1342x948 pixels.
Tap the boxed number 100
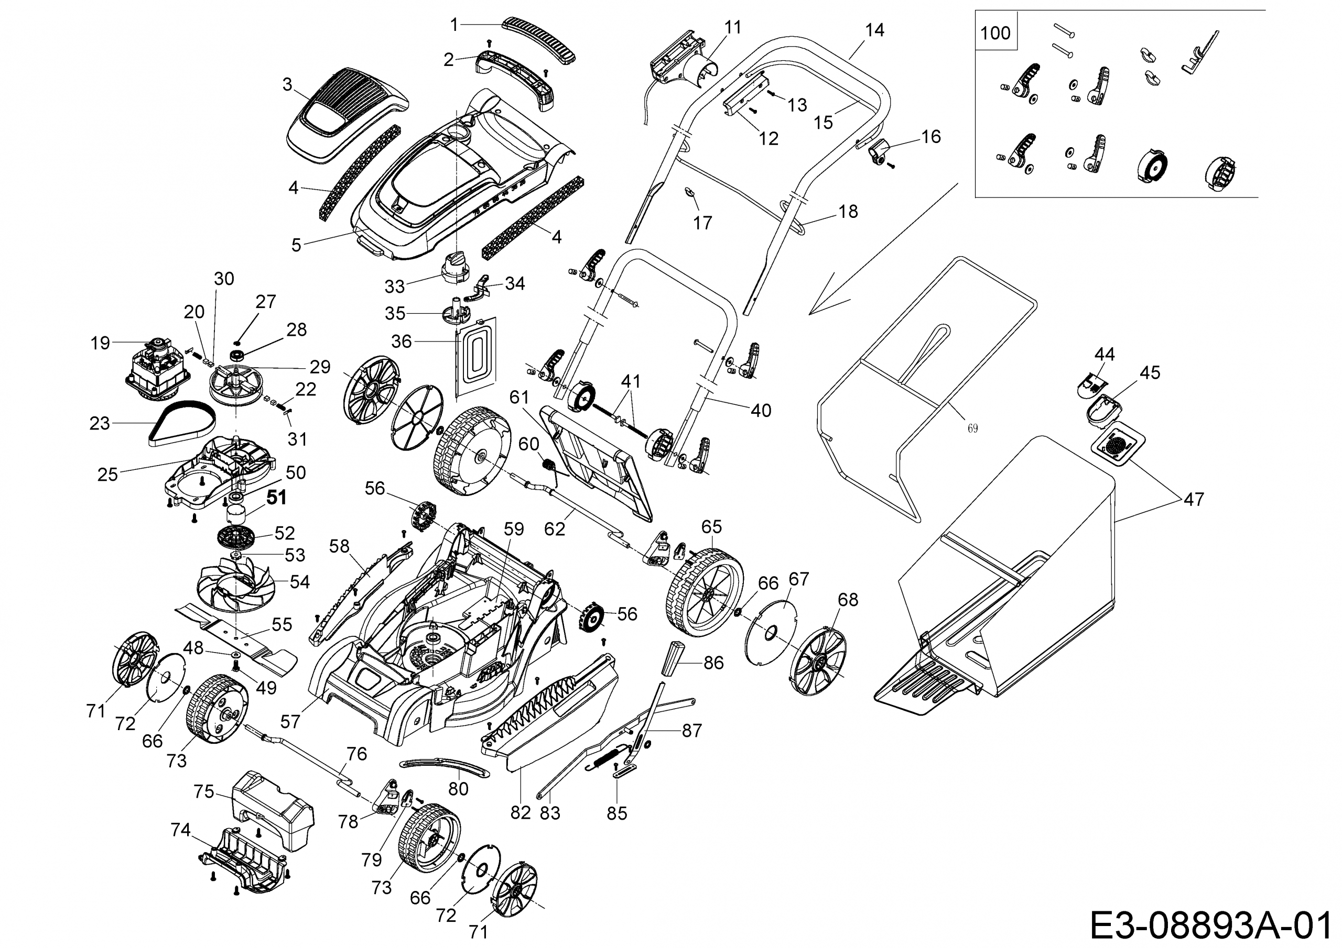tap(995, 32)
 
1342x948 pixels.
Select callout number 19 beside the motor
tap(100, 343)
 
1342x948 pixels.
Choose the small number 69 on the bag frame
tap(972, 429)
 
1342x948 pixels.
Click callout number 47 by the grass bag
tap(1194, 500)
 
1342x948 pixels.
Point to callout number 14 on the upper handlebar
tap(874, 30)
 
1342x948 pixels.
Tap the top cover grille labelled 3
tap(345, 117)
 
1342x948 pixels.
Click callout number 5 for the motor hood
tap(296, 245)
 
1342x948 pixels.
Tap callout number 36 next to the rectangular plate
tap(402, 341)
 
